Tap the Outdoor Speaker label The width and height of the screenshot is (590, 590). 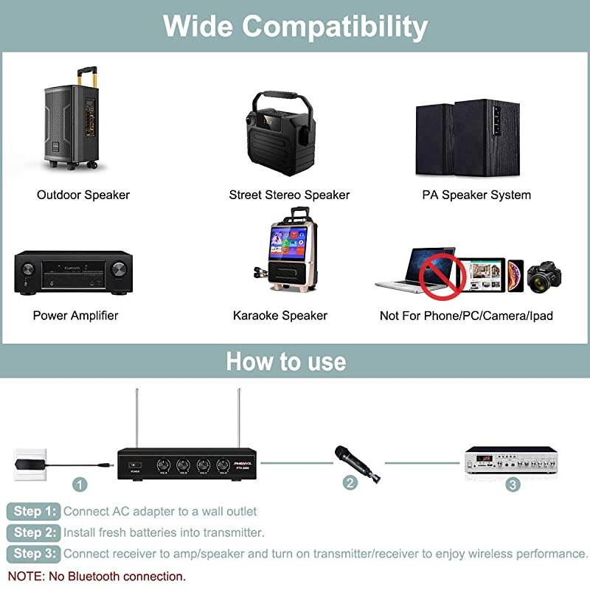click(x=83, y=195)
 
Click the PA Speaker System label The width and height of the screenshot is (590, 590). click(x=476, y=195)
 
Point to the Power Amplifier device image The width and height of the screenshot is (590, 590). click(x=73, y=273)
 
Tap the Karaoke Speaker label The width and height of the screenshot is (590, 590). click(x=280, y=316)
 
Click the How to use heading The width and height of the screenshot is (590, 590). click(x=286, y=361)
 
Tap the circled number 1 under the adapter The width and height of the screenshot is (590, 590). click(x=80, y=485)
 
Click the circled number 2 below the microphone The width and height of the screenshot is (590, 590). click(x=350, y=483)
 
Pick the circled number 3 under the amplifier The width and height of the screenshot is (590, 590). click(x=513, y=485)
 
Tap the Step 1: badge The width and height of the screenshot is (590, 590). click(x=33, y=511)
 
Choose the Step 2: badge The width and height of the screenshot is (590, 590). click(x=33, y=532)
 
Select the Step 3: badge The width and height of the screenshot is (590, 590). click(x=33, y=553)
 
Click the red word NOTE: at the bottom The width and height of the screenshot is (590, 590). click(x=27, y=576)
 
